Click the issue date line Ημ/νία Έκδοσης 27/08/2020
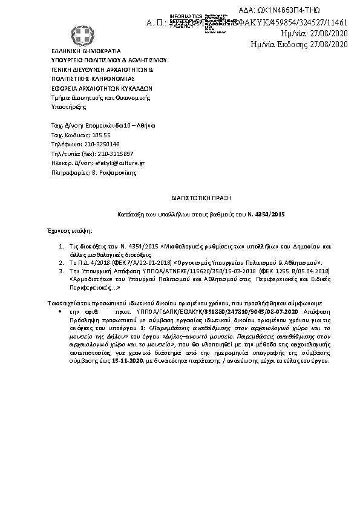point(299,44)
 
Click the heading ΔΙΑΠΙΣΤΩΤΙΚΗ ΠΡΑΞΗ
point(200,198)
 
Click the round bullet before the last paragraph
point(61,310)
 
